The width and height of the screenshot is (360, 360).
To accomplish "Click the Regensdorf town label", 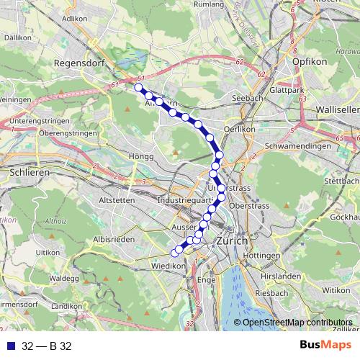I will (x=78, y=63).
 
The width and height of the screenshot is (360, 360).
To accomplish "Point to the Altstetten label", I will (x=117, y=199).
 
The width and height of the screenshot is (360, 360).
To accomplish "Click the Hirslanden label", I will (x=294, y=276).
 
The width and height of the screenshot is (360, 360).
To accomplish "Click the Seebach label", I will (x=238, y=98).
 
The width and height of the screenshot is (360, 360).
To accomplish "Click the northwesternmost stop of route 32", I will (x=138, y=88).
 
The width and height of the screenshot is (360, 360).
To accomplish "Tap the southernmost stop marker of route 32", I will (x=174, y=252).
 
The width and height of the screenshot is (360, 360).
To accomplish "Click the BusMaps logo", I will (x=327, y=346).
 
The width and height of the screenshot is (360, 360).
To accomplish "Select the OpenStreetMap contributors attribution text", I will (x=297, y=323).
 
